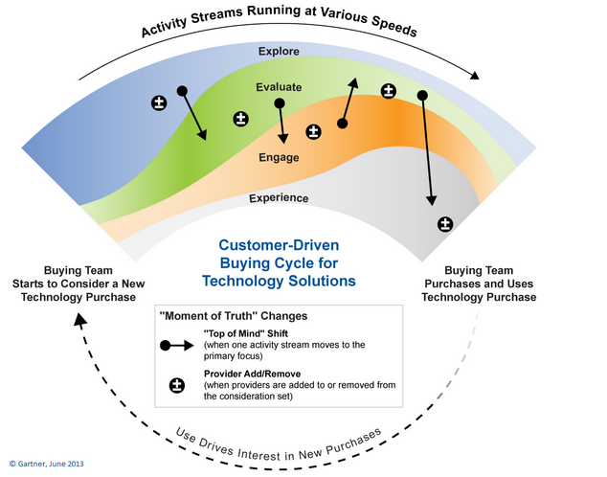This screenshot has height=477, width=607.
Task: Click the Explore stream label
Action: [x=279, y=51]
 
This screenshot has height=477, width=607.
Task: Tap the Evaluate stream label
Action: [x=279, y=87]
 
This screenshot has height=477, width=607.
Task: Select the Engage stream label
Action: [x=279, y=157]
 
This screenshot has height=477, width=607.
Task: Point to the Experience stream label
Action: [x=279, y=198]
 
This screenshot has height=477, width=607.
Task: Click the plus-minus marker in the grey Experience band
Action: [x=445, y=224]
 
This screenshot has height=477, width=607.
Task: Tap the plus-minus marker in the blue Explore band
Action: [x=159, y=103]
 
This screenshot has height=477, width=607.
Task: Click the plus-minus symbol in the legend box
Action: [x=177, y=385]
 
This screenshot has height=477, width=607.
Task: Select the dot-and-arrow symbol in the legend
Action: [x=176, y=346]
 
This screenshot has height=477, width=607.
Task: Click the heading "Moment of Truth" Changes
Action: [x=234, y=316]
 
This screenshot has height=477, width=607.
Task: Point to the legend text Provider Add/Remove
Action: [x=253, y=374]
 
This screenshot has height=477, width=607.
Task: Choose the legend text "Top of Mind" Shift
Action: [x=246, y=333]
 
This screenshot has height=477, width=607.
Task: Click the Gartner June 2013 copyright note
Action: [x=47, y=464]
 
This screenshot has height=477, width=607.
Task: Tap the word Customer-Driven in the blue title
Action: [x=279, y=245]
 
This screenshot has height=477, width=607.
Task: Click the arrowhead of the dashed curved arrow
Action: [x=80, y=320]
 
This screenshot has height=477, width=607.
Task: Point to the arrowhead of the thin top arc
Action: [x=474, y=75]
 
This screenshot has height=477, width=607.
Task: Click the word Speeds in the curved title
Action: [x=394, y=26]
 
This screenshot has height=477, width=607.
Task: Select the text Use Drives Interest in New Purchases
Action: [x=279, y=446]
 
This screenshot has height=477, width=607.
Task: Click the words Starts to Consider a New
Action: [x=79, y=284]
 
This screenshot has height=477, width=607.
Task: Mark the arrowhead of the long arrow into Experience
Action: [x=431, y=200]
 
